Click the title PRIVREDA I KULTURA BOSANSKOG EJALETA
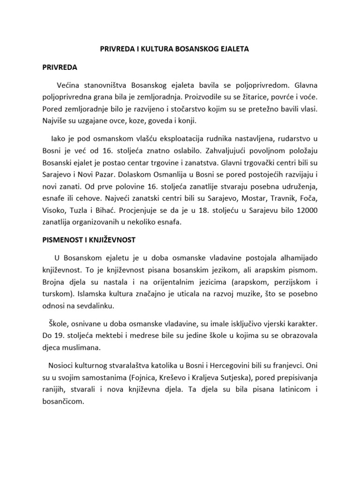click(x=180, y=48)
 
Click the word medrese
click(x=132, y=337)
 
